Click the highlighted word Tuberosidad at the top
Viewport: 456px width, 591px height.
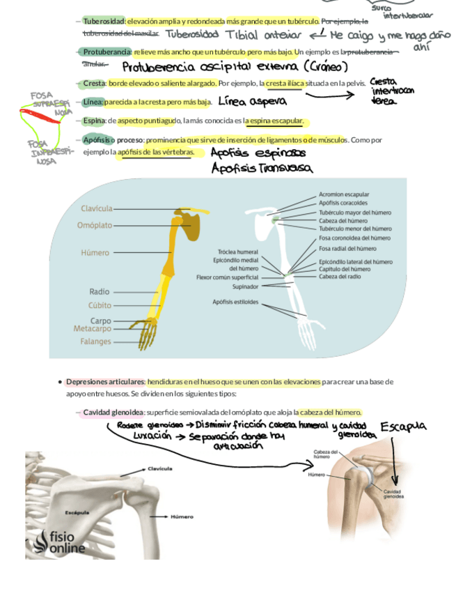pos(103,22)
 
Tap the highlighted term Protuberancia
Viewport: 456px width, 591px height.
pos(107,52)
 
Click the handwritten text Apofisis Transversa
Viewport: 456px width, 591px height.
pos(262,168)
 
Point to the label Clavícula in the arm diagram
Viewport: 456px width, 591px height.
pos(96,208)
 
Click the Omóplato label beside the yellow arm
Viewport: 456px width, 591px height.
pos(95,225)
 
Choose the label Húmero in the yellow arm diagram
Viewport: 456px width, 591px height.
pos(95,253)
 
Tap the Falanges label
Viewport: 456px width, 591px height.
pos(95,341)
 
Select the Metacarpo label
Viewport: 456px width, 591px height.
pos(92,328)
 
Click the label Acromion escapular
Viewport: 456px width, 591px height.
pos(344,194)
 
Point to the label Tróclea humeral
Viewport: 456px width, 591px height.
pos(238,252)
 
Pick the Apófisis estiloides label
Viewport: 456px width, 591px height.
pos(235,302)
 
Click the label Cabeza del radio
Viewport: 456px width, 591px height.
pos(340,277)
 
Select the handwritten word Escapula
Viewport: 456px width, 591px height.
pos(404,426)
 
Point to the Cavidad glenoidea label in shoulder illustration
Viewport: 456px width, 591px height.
pos(391,494)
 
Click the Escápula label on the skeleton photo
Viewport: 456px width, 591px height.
pos(77,512)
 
